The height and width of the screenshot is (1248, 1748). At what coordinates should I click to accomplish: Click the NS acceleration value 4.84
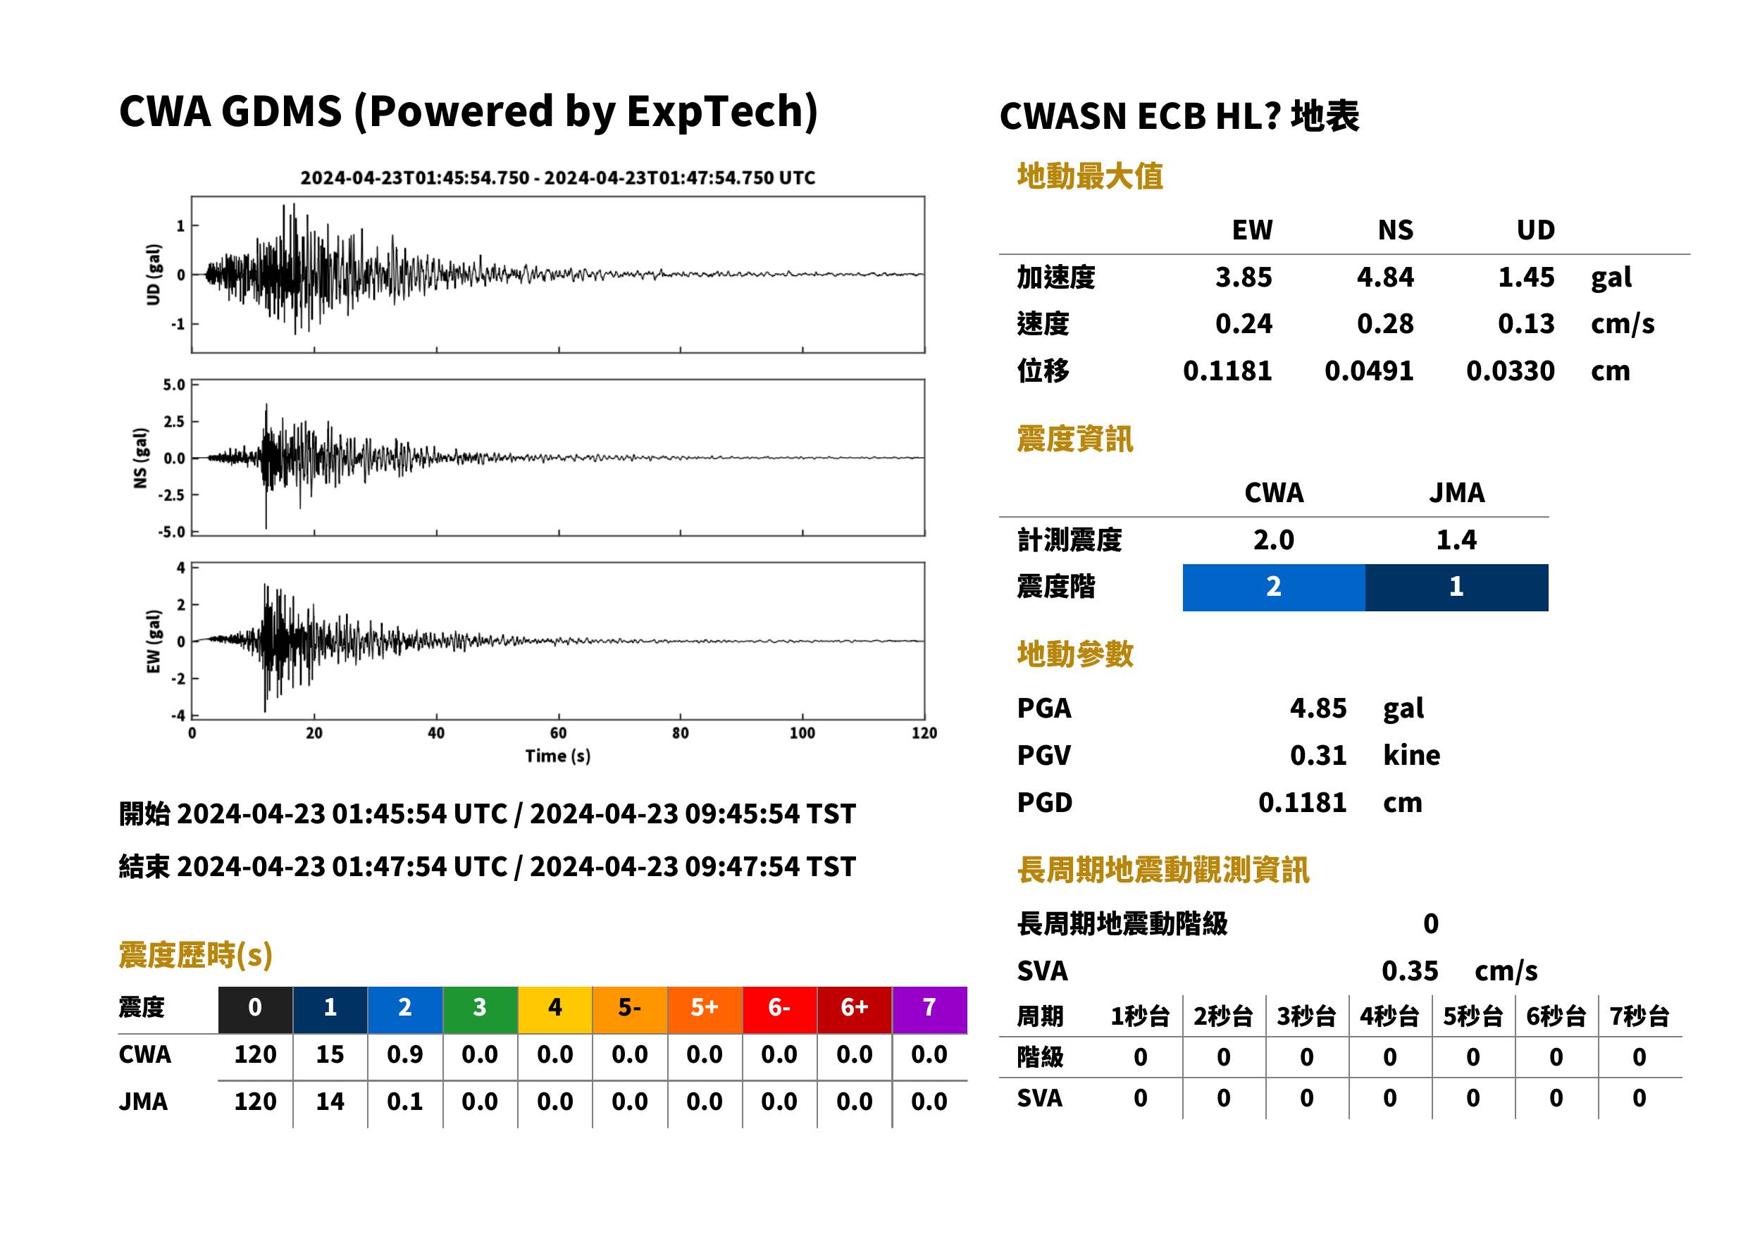click(1384, 277)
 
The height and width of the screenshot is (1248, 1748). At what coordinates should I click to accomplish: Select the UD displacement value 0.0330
click(1510, 370)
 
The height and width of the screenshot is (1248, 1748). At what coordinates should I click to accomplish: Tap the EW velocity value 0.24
click(1243, 323)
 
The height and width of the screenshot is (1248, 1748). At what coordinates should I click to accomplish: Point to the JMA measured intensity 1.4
click(1456, 539)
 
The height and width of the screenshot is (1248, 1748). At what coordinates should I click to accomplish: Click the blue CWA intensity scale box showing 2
click(1273, 587)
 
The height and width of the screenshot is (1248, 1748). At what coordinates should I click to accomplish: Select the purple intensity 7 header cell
click(929, 1009)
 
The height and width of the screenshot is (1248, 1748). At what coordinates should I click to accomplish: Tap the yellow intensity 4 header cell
click(555, 1009)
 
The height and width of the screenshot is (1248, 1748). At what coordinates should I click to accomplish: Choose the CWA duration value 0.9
click(404, 1054)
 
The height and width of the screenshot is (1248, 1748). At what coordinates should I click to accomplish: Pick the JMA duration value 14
click(330, 1102)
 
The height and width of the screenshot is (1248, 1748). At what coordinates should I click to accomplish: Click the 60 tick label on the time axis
click(558, 733)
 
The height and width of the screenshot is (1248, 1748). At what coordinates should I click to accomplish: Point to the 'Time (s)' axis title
click(558, 756)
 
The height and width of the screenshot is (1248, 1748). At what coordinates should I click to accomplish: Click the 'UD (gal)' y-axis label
click(154, 275)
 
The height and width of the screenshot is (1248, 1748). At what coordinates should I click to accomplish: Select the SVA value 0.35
click(1409, 971)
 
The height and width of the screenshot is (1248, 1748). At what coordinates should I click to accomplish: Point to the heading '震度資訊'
click(1074, 439)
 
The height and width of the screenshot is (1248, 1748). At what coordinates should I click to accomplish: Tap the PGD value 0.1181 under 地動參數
click(1302, 802)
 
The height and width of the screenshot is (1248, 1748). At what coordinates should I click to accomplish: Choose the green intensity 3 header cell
click(480, 1009)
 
